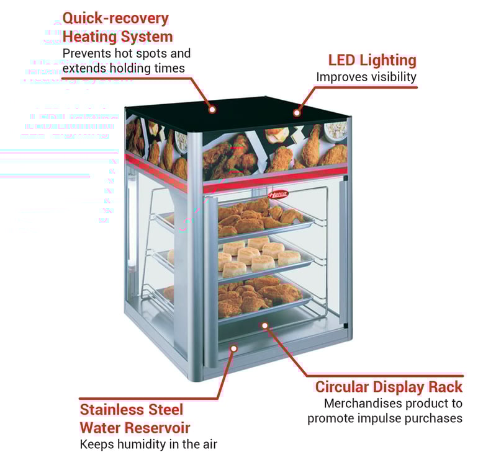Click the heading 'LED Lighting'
(x=372, y=60)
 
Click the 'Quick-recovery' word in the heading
(x=115, y=18)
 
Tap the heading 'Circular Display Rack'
(x=389, y=387)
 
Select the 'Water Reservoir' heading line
(x=135, y=428)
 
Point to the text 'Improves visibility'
(x=366, y=77)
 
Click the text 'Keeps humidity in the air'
(x=148, y=444)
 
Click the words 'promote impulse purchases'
(x=385, y=418)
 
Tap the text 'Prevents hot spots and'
(x=127, y=53)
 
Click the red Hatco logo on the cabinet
(x=279, y=193)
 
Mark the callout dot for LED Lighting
(x=297, y=113)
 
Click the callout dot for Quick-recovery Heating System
(x=212, y=109)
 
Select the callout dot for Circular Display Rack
(x=264, y=324)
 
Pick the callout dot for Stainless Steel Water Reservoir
(x=233, y=348)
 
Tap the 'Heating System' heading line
(x=118, y=36)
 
